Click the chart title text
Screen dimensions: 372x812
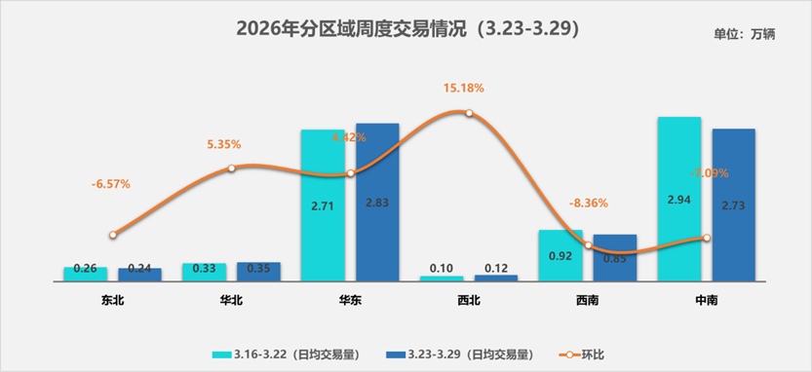408,29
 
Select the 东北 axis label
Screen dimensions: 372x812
112,300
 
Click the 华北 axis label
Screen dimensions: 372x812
231,300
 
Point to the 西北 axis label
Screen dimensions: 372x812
469,300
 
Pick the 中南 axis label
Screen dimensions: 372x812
706,300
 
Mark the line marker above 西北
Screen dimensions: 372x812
469,113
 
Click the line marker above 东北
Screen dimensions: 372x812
113,235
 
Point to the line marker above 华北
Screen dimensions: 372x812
232,168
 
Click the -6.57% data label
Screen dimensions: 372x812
110,183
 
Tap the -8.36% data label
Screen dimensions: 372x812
588,204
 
